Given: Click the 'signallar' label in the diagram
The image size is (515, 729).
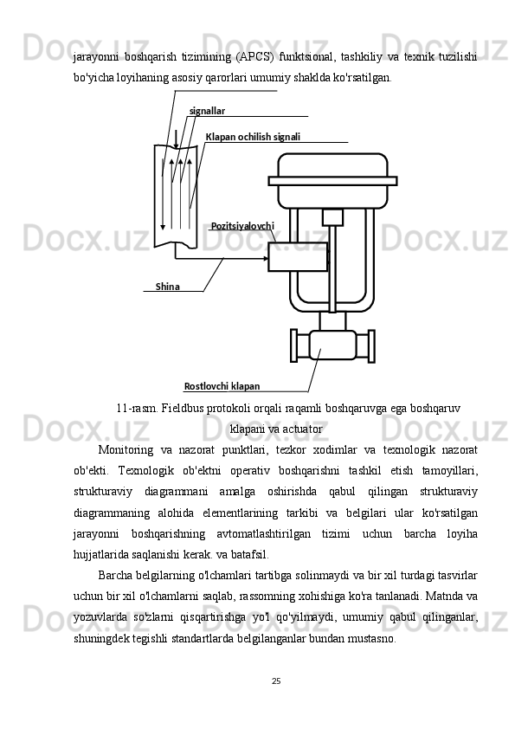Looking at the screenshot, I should [x=207, y=111].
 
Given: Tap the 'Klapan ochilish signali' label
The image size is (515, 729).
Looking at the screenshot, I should [x=253, y=137].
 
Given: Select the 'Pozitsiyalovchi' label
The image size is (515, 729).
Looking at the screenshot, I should [x=242, y=226].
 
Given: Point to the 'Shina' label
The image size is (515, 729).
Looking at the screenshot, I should [x=168, y=287].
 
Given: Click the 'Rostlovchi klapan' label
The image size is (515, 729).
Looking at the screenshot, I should [x=222, y=386].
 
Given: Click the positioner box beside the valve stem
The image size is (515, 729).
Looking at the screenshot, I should [x=297, y=257].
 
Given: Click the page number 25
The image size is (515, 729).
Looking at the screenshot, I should [x=275, y=681].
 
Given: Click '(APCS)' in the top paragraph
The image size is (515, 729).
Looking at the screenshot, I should [x=251, y=57].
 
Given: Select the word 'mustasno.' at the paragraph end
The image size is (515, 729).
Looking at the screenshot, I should [x=371, y=638].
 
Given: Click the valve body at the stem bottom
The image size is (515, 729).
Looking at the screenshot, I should [x=332, y=345].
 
